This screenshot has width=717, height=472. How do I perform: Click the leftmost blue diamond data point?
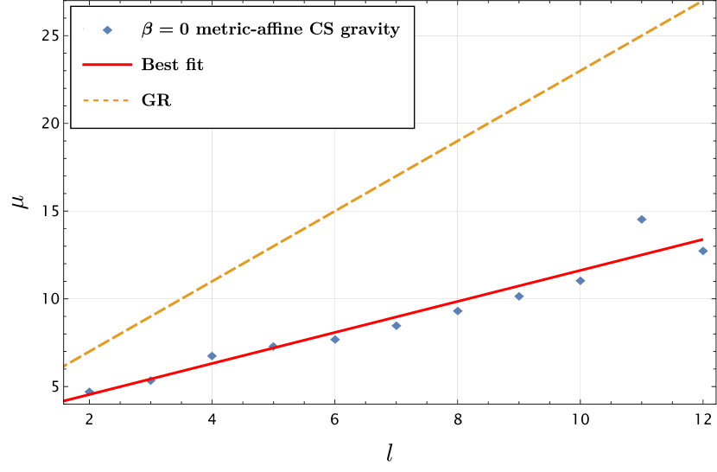coord(89,392)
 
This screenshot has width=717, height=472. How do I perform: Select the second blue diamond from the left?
coord(151,380)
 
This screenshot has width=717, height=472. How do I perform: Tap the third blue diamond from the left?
coord(212,356)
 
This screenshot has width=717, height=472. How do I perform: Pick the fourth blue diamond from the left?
coord(273,347)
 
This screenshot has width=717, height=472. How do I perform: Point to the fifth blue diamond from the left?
coord(335,339)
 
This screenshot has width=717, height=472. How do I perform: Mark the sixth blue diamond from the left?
coord(397,325)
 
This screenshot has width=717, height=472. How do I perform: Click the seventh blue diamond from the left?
coord(458,310)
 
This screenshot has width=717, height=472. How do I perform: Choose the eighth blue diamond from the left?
coord(519,297)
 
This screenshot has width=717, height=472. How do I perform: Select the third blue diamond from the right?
coord(581,280)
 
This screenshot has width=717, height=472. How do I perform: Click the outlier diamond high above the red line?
coord(642,220)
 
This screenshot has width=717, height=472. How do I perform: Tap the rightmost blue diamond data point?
coord(703,251)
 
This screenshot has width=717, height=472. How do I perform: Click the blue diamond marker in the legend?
coord(107,30)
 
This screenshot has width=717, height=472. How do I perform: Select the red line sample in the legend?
coord(107,65)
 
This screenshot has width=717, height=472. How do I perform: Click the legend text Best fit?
coord(173,65)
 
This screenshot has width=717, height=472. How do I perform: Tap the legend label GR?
coord(156,100)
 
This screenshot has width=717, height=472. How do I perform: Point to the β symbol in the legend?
coord(148,30)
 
